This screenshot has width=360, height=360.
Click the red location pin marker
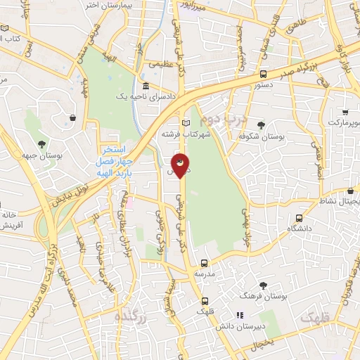(180, 165)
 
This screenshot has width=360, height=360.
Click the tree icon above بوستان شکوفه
(261, 124)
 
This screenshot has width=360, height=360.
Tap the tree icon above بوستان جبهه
(43, 143)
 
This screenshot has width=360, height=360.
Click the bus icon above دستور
(263, 73)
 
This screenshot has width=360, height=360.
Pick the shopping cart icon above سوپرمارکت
(345, 112)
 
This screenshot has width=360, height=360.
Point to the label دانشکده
(300, 229)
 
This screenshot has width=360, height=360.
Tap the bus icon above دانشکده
(300, 218)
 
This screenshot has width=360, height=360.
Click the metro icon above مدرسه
(204, 262)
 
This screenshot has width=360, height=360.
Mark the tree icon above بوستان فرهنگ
(263, 285)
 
